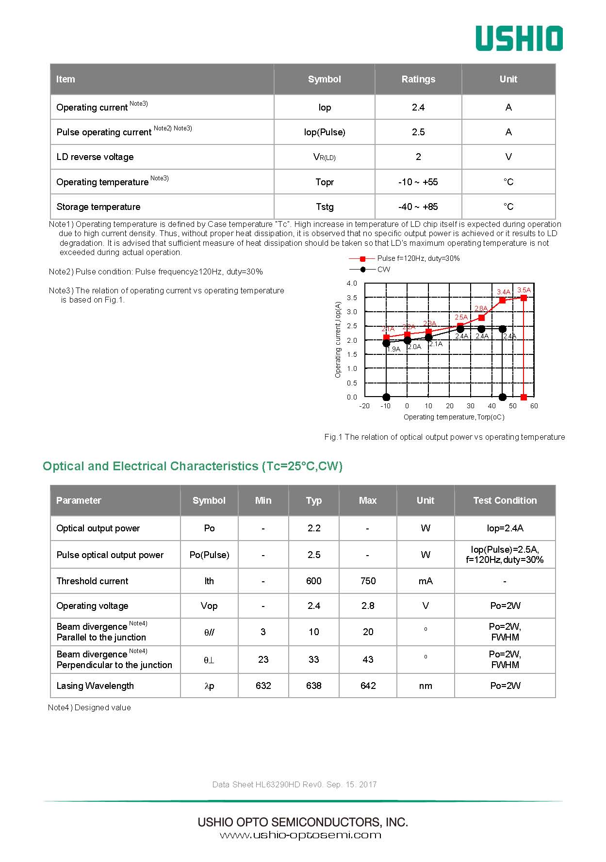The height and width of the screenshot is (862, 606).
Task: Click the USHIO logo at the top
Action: [519, 38]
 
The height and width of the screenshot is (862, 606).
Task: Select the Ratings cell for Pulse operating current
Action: [418, 132]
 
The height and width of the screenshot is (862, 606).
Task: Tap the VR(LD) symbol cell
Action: [324, 157]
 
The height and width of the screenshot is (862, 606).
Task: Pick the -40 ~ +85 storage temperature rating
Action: [418, 207]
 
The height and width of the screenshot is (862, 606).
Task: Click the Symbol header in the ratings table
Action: [324, 79]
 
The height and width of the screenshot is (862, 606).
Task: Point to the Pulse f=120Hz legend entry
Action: [418, 258]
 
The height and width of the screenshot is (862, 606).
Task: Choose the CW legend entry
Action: [383, 269]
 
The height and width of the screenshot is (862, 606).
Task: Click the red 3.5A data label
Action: [524, 290]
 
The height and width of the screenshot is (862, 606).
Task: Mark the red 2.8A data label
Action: [481, 308]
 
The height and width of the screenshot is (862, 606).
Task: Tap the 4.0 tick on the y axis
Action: [352, 283]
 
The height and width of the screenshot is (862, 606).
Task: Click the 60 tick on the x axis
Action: [534, 406]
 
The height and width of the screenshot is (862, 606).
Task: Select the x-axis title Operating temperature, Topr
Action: [454, 417]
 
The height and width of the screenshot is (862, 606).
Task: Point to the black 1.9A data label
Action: [393, 349]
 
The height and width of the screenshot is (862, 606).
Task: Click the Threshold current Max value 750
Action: [368, 581]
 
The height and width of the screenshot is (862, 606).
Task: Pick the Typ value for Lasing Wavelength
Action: [313, 686]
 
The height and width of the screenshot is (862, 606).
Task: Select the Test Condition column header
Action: [505, 500]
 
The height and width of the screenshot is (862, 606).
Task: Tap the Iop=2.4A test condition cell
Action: [505, 528]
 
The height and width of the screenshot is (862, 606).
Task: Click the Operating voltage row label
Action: [92, 606]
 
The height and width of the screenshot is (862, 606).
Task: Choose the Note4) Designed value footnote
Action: [89, 707]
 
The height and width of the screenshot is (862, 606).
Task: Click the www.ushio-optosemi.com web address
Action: [300, 835]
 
